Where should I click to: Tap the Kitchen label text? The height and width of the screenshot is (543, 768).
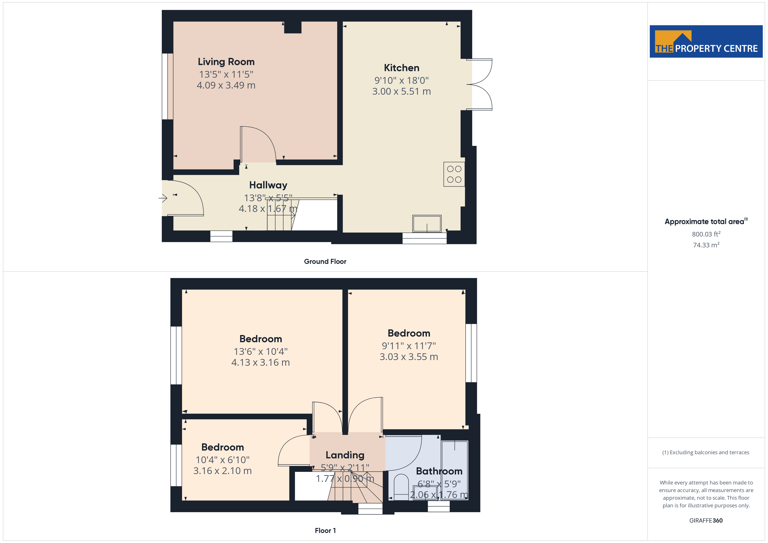pyautogui.click(x=401, y=68)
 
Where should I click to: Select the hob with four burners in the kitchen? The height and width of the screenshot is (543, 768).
pyautogui.click(x=454, y=174)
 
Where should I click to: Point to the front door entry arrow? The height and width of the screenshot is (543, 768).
pyautogui.click(x=163, y=198)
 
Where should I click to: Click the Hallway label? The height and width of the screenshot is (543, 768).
pyautogui.click(x=268, y=185)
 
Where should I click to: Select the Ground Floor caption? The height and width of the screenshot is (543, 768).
pyautogui.click(x=325, y=261)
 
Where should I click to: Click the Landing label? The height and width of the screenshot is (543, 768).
pyautogui.click(x=345, y=455)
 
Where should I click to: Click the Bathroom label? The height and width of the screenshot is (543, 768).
pyautogui.click(x=439, y=471)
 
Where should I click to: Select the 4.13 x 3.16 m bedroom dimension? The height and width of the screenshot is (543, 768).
pyautogui.click(x=261, y=362)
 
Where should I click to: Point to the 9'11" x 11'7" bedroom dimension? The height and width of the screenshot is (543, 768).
pyautogui.click(x=409, y=346)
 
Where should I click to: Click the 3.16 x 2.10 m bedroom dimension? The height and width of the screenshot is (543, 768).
pyautogui.click(x=222, y=471)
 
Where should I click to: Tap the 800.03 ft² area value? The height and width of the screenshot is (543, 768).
pyautogui.click(x=706, y=234)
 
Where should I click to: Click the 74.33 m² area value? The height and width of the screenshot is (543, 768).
pyautogui.click(x=706, y=245)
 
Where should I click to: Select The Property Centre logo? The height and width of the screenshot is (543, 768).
pyautogui.click(x=706, y=42)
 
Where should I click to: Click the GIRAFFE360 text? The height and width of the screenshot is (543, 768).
pyautogui.click(x=706, y=521)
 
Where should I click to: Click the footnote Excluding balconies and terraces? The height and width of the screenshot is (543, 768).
pyautogui.click(x=706, y=452)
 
